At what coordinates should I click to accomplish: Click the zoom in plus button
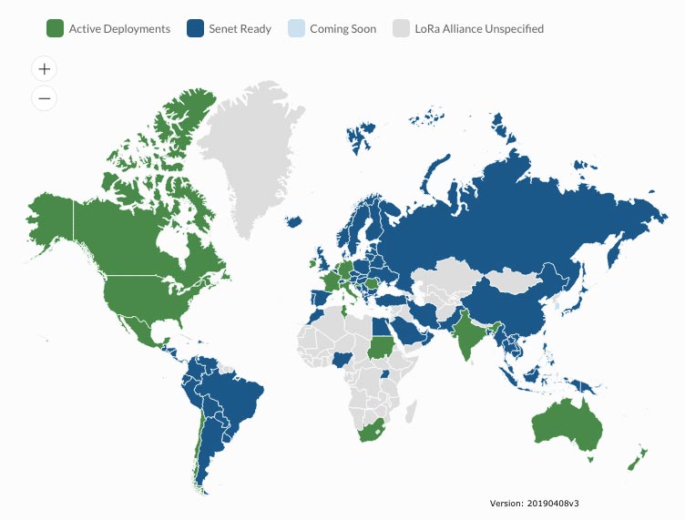(45, 68)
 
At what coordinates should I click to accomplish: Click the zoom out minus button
(45, 97)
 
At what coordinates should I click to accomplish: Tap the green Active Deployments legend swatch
(55, 28)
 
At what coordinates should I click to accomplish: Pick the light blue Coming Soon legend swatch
(295, 28)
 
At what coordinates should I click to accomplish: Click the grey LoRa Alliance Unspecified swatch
(401, 28)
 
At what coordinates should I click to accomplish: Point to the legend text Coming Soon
(342, 28)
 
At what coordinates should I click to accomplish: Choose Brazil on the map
(232, 401)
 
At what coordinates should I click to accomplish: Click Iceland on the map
(293, 221)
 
